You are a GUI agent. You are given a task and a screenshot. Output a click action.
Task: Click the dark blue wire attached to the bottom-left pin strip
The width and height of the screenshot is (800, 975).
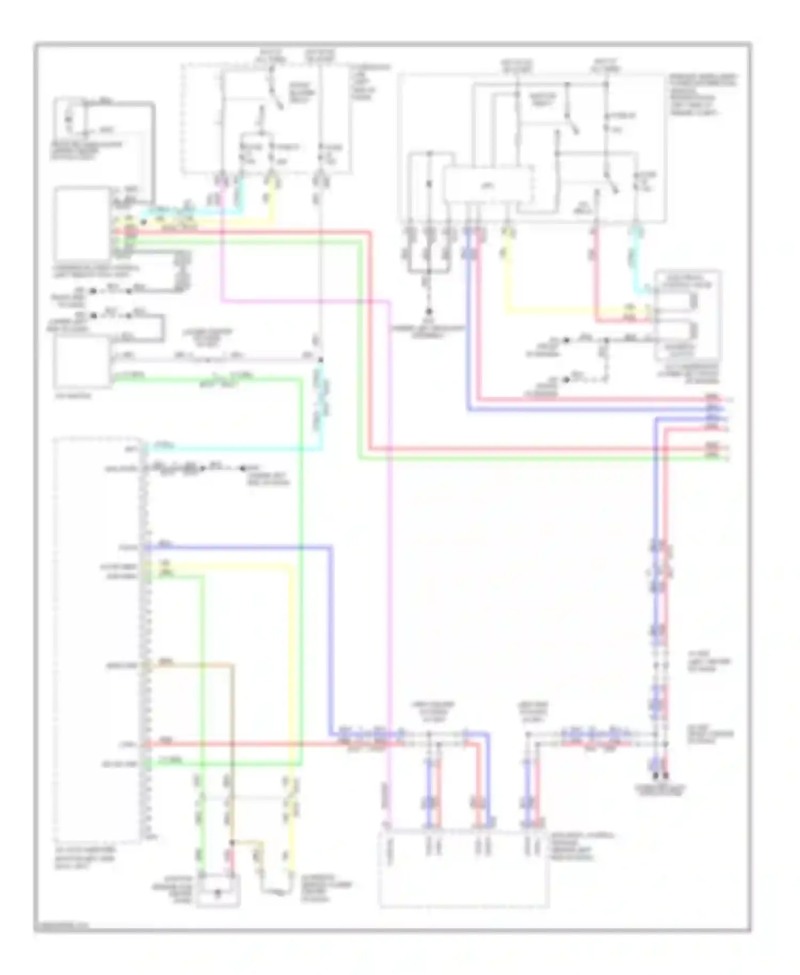point(240,547)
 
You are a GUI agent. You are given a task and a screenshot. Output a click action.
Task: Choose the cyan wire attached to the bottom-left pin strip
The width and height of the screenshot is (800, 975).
point(229,450)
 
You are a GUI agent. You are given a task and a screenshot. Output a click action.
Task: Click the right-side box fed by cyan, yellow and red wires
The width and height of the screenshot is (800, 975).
point(688,315)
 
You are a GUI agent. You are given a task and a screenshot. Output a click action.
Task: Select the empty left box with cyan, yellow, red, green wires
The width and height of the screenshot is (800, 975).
point(83,222)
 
